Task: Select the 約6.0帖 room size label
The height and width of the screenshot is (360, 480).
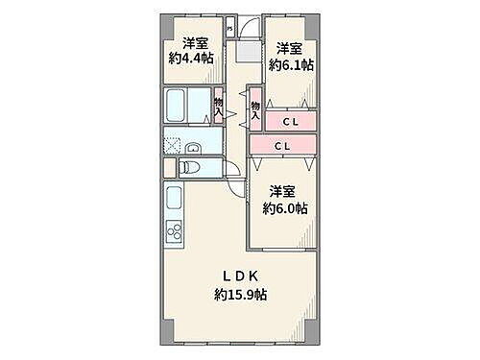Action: coord(286,207)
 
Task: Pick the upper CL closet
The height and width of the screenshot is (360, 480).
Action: coord(290,121)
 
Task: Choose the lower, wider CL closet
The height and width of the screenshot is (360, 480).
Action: coord(281,146)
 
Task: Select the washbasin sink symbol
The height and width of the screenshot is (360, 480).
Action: coord(193,148)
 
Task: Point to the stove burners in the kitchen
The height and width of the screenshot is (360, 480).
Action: coord(176,232)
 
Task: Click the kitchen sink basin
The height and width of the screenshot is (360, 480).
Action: coord(175,201)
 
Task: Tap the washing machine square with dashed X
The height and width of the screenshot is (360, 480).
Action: coord(173,146)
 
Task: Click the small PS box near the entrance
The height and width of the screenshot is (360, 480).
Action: coord(228,29)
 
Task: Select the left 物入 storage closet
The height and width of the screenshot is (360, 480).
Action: coord(219,107)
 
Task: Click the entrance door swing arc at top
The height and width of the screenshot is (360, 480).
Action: coord(248,29)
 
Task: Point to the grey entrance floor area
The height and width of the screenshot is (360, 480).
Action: coord(249,52)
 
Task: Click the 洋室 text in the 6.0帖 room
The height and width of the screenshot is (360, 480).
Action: coord(281,190)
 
